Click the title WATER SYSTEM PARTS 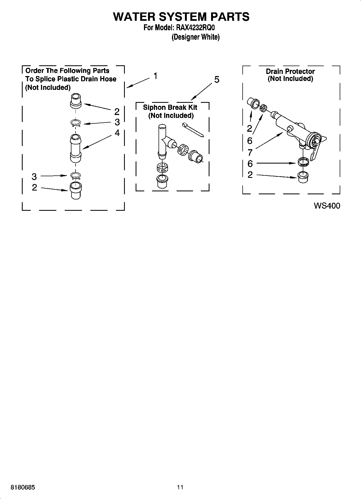181,16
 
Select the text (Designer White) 195,37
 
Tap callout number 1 156,76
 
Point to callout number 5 216,80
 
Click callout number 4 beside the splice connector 117,133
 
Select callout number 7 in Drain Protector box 250,153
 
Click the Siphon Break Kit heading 170,107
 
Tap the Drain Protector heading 290,72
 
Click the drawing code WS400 327,206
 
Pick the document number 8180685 23,487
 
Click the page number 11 180,487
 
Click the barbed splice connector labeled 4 76,148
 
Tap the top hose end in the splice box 76,101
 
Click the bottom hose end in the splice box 75,191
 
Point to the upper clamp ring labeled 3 76,123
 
